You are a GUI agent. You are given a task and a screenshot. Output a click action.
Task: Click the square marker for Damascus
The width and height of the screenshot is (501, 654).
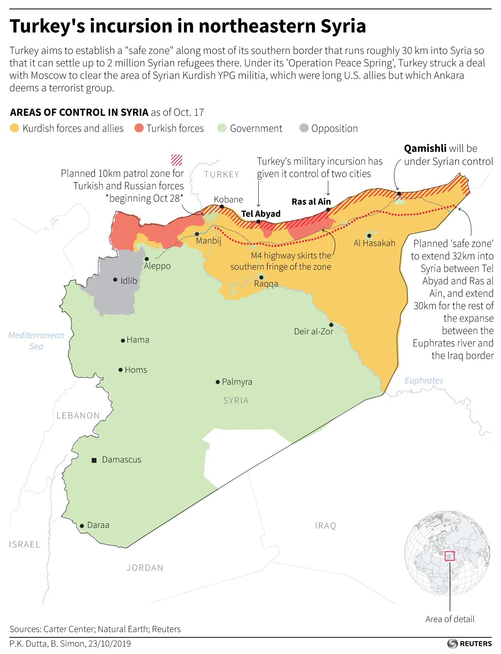click(94, 460)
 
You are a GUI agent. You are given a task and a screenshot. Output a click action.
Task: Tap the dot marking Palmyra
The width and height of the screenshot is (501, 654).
click(218, 382)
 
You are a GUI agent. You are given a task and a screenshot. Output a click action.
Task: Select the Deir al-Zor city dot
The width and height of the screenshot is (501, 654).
click(331, 325)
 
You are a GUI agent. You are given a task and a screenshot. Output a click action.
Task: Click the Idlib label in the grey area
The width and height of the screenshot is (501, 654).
click(129, 281)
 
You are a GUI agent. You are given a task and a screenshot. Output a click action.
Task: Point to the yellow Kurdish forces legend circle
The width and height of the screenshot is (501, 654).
click(14, 128)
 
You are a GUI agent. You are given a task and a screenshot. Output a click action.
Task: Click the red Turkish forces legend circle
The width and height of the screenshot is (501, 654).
click(139, 128)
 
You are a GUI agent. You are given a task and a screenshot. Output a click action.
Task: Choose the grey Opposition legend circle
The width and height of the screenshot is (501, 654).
click(304, 128)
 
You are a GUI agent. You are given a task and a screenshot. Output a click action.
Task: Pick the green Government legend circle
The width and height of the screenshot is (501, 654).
click(222, 128)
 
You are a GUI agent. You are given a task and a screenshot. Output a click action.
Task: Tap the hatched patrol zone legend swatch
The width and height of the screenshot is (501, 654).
click(177, 160)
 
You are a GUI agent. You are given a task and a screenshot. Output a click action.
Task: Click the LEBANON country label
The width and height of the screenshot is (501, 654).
click(78, 416)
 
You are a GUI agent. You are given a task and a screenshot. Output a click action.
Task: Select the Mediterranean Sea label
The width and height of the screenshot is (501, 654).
click(36, 341)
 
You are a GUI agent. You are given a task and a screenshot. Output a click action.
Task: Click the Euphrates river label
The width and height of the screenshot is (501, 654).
click(424, 381)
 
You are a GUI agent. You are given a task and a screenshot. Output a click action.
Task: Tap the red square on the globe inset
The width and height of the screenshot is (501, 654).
click(450, 556)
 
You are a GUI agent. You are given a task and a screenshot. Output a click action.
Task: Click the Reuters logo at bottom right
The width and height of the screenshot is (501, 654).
click(469, 644)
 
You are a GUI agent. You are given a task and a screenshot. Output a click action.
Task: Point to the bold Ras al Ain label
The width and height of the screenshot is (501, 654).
click(311, 202)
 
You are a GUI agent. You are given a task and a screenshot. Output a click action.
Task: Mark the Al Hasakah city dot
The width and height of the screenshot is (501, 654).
click(369, 236)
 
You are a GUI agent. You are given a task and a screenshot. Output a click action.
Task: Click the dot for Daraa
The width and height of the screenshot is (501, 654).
click(82, 526)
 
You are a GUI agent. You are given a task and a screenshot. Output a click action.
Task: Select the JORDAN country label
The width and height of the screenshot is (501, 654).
click(145, 568)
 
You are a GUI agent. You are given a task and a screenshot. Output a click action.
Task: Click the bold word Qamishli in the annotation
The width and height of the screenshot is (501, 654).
click(425, 149)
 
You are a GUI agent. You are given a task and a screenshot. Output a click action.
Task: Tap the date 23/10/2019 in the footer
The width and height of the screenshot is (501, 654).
click(109, 644)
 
